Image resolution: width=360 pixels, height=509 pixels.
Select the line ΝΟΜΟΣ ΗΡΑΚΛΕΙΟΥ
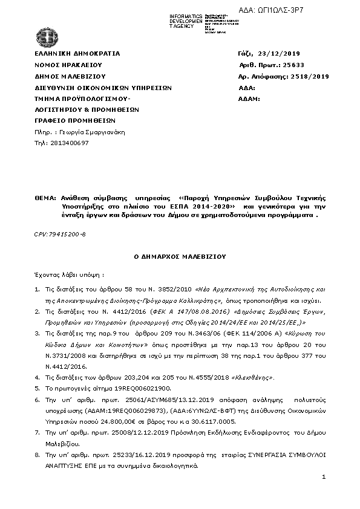tap(68, 65)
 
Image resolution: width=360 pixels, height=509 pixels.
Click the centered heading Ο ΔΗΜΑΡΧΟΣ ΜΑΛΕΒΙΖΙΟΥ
tap(179, 256)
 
